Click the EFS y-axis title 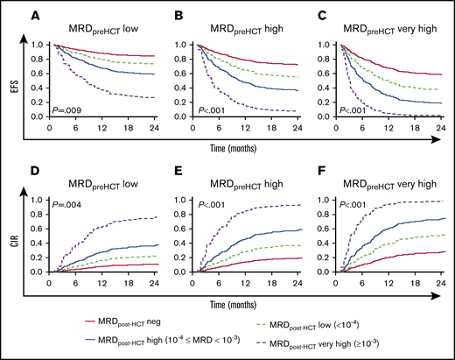11,81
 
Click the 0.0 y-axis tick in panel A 38,117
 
